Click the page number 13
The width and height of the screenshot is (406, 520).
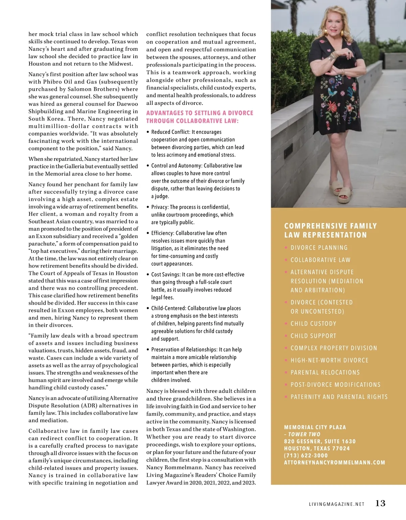pos(380,503)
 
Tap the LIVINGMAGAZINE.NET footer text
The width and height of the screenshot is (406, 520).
pos(337,504)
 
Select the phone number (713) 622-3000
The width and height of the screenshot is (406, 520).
pos(306,455)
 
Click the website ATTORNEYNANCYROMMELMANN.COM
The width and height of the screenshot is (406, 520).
pos(335,463)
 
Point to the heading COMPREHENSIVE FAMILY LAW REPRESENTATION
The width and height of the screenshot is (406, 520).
pos(325,230)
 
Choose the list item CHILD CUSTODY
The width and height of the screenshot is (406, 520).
pos(313,324)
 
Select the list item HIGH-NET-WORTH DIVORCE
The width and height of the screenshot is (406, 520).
pos(329,360)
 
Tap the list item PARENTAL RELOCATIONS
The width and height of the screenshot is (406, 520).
pos(325,373)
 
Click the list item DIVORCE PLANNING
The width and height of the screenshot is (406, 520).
pos(319,248)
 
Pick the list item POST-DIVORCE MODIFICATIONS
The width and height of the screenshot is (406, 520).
pos(335,385)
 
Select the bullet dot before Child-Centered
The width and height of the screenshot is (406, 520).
pos(148,308)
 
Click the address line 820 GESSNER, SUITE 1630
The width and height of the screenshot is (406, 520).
pos(320,441)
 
